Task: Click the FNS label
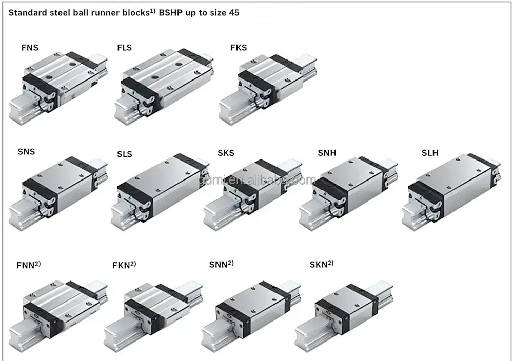[30, 48]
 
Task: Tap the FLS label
[124, 48]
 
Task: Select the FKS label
[239, 48]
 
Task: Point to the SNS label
[26, 152]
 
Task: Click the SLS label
[124, 154]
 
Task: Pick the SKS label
[226, 153]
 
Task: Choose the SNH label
[327, 153]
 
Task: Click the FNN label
[26, 265]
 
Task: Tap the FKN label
[121, 265]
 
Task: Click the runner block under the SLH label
[451, 190]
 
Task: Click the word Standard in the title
[27, 13]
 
